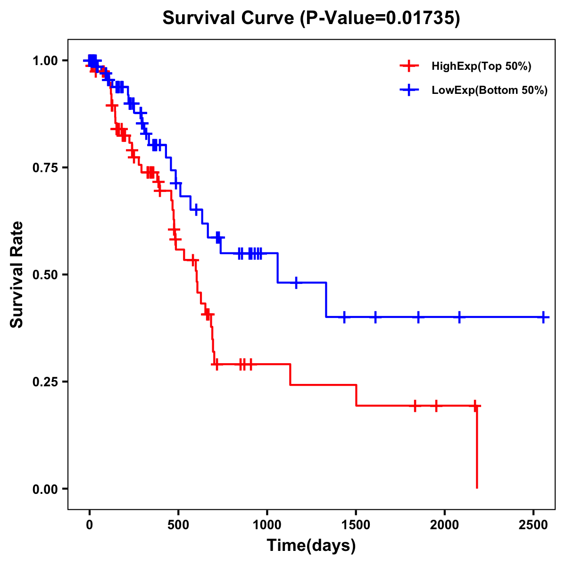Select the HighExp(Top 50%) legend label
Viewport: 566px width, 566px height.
(481, 67)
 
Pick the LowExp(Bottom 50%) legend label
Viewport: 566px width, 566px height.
(490, 90)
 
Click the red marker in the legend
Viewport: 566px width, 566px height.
(409, 66)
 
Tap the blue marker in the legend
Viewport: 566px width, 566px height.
(409, 90)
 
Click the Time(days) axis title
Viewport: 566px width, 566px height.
(311, 546)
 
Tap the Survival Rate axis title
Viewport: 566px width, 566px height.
(17, 275)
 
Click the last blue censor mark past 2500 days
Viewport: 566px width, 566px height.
(543, 317)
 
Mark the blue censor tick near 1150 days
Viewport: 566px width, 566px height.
(296, 283)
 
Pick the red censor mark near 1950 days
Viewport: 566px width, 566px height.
(436, 405)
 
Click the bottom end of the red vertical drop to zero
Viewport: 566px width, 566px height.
(477, 487)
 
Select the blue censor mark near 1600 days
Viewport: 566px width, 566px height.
(375, 317)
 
